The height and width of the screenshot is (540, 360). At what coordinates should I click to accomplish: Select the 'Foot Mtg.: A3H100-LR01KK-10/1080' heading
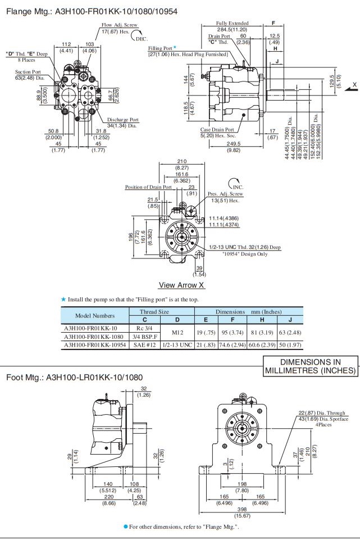coord(74,377)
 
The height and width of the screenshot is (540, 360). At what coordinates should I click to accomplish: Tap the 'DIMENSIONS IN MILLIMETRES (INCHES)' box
coord(311,366)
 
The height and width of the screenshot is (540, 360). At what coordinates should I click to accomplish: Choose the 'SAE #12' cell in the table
coord(144,344)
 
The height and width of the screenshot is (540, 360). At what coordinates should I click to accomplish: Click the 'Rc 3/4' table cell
coord(144,328)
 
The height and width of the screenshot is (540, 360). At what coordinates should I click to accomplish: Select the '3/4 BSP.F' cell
coord(144,336)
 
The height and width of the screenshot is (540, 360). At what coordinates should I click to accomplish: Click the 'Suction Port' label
coord(28,71)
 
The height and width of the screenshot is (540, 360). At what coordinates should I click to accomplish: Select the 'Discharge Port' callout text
coord(123,120)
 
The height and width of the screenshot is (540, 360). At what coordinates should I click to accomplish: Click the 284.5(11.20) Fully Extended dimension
coord(233,29)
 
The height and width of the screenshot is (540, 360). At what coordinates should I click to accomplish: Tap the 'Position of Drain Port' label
coord(148,187)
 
